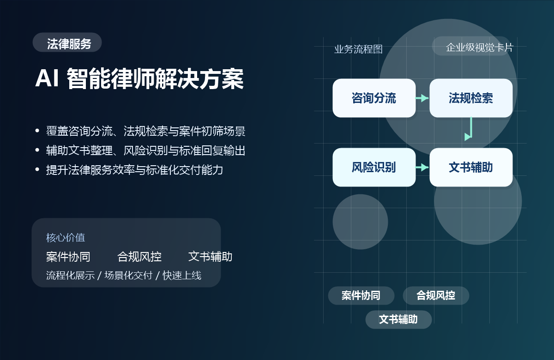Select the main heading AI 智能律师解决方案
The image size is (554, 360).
139,79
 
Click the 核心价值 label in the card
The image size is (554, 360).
66,238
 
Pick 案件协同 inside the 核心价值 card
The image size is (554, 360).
68,257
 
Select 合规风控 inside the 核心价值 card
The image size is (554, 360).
139,257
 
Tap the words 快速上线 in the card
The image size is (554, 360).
182,276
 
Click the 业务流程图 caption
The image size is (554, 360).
358,49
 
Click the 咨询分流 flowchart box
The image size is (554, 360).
374,98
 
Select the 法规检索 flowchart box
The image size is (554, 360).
471,98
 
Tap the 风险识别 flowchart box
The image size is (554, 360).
374,167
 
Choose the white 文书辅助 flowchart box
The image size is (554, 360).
471,167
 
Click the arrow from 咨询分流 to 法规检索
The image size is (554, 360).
422,98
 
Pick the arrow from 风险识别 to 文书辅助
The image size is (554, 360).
422,167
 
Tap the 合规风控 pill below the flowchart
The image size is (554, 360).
436,295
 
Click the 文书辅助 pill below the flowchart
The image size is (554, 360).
398,319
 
